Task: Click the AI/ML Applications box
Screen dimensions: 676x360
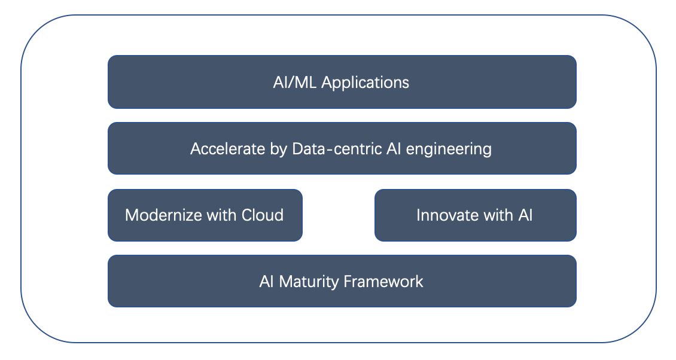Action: point(342,82)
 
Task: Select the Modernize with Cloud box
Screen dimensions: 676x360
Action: point(205,215)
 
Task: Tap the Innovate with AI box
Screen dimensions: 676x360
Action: point(476,215)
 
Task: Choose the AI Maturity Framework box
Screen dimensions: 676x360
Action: point(342,281)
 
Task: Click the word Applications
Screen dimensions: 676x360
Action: point(365,83)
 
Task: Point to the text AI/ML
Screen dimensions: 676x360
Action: point(295,82)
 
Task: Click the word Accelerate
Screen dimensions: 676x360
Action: point(228,149)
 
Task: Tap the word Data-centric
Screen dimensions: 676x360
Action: point(337,149)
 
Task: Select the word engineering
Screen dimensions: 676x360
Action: point(449,150)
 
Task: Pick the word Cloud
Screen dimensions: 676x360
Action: point(263,215)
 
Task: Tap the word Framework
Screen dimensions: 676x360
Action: point(383,282)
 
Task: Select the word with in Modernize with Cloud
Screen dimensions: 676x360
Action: point(221,215)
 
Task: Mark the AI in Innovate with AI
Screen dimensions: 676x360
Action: point(525,215)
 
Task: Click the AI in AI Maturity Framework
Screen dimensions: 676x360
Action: point(266,282)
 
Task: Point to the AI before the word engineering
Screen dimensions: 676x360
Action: point(394,149)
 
